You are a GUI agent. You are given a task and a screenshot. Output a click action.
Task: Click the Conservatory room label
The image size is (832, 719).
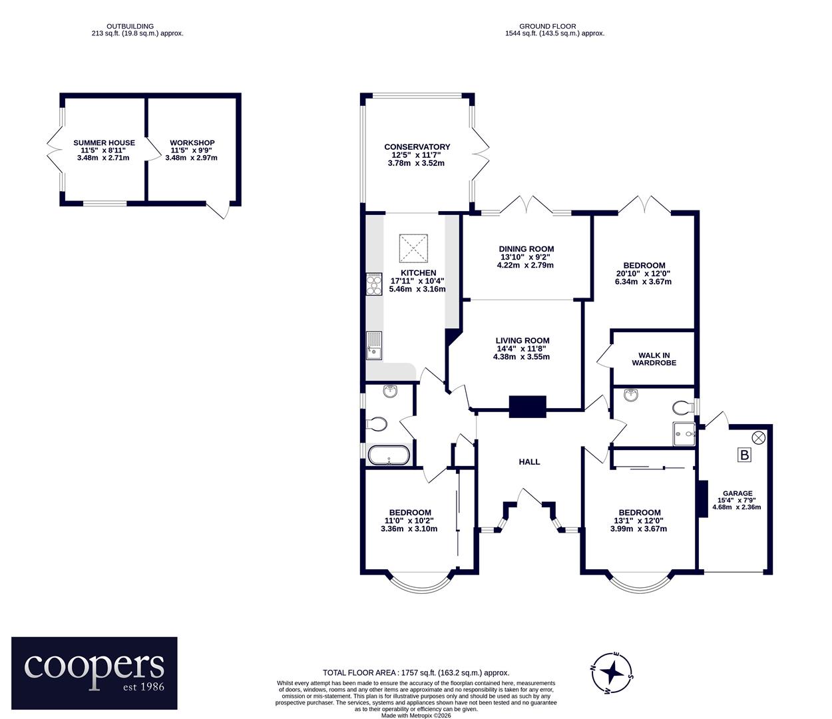(417, 147)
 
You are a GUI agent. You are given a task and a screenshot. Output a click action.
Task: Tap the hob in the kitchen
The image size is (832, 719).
(374, 284)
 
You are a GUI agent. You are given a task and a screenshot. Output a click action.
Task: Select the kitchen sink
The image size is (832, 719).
(374, 346)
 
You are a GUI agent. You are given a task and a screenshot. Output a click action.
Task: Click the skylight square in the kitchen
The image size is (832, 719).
(413, 248)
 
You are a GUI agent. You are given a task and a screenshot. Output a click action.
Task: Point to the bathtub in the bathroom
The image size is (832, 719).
(389, 455)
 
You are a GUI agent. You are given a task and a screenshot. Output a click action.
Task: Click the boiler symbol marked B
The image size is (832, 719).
(744, 455)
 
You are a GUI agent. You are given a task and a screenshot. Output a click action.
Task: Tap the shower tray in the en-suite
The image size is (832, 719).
(684, 434)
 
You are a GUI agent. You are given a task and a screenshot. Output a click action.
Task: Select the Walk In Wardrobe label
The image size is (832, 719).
(654, 359)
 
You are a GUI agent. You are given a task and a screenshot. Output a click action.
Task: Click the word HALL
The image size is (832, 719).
(529, 462)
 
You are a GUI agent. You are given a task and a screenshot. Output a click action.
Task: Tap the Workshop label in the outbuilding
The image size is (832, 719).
(192, 142)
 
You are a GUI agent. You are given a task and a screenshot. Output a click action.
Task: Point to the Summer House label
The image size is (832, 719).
(104, 142)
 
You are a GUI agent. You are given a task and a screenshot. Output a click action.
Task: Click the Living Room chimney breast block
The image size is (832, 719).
(527, 407)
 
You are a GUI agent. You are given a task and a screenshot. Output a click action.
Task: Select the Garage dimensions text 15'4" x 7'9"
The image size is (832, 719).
(737, 500)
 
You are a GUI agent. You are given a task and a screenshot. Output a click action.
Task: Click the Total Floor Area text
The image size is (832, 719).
(416, 672)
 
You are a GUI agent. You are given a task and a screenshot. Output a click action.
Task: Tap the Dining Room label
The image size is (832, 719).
(526, 249)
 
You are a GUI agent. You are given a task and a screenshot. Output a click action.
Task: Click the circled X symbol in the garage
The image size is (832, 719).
(759, 437)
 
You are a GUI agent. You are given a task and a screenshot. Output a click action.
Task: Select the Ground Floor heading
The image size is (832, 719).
(547, 26)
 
